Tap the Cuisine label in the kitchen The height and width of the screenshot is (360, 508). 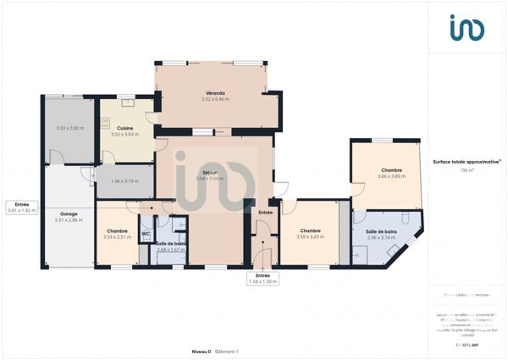pyautogui.click(x=124, y=128)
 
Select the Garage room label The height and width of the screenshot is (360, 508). pyautogui.click(x=69, y=213)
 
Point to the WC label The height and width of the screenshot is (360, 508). pyautogui.click(x=146, y=233)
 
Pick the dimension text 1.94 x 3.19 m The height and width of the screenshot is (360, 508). pyautogui.click(x=124, y=181)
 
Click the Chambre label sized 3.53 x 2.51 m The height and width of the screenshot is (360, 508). pyautogui.click(x=117, y=231)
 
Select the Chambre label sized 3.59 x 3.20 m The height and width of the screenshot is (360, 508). pyautogui.click(x=311, y=230)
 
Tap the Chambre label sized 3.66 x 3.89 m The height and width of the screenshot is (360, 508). pyautogui.click(x=391, y=170)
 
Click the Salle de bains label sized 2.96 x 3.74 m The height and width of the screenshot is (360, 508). pyautogui.click(x=381, y=231)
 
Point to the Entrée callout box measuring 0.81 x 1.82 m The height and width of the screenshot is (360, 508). pyautogui.click(x=22, y=207)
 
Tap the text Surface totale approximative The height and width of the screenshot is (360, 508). pyautogui.click(x=466, y=161)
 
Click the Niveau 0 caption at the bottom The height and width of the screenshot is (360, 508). pyautogui.click(x=201, y=351)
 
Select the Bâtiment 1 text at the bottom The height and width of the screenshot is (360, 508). pyautogui.click(x=227, y=351)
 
